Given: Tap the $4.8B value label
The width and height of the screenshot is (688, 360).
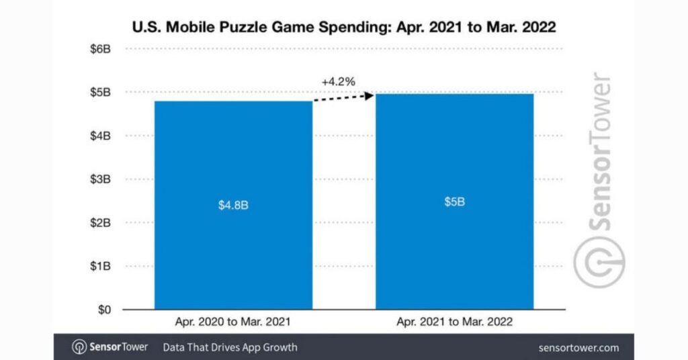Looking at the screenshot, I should pyautogui.click(x=233, y=206).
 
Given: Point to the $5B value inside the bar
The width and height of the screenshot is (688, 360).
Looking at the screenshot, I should pyautogui.click(x=454, y=201).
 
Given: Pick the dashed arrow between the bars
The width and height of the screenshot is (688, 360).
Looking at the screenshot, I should pyautogui.click(x=343, y=99).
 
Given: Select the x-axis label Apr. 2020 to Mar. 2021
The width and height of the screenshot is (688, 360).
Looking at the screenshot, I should pyautogui.click(x=233, y=322).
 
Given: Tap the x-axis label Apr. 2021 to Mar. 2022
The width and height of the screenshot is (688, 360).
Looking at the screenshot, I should pyautogui.click(x=454, y=322).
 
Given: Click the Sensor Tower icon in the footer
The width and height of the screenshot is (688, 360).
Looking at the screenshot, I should pyautogui.click(x=79, y=347).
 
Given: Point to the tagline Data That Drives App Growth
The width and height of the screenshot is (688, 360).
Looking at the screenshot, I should pyautogui.click(x=230, y=348).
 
